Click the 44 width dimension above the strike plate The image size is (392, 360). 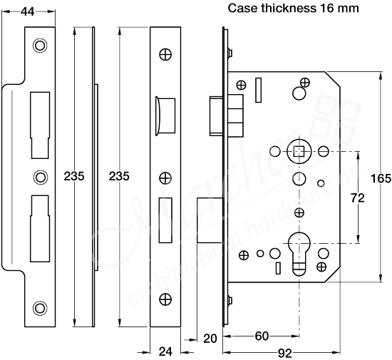(28, 11)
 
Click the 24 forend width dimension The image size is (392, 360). (165, 351)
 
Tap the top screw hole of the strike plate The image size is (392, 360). (39, 46)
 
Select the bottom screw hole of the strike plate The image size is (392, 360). (39, 307)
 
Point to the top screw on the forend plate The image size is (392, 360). (165, 54)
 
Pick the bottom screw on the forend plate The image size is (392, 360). (165, 299)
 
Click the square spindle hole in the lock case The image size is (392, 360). (298, 152)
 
